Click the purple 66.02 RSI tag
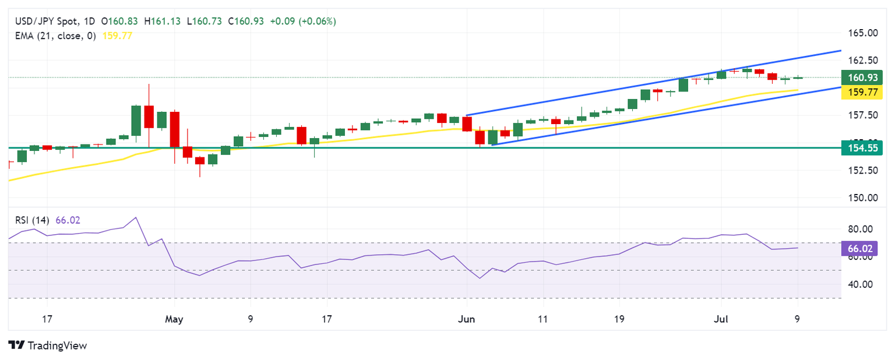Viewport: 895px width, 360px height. point(859,249)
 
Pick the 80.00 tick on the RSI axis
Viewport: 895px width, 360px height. point(859,229)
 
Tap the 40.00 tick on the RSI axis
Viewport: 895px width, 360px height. point(859,284)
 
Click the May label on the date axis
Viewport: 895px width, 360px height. point(174,319)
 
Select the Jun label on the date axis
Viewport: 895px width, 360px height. point(467,319)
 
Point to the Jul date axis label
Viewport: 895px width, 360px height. point(721,319)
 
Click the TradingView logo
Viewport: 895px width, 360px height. point(48,345)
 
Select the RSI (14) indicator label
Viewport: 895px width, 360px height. point(33,220)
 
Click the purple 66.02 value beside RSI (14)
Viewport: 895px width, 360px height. point(68,220)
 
